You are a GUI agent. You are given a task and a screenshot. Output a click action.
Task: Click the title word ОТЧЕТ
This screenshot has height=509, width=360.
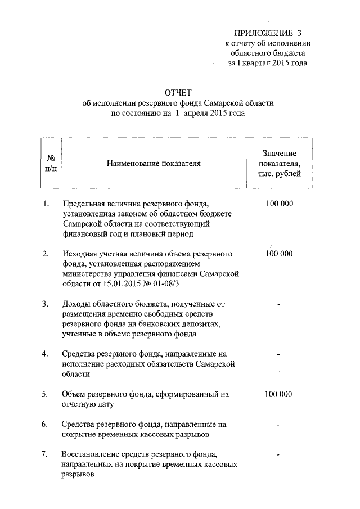pos(178,92)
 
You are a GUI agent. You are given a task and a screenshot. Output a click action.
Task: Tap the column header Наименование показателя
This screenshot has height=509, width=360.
pos(154,164)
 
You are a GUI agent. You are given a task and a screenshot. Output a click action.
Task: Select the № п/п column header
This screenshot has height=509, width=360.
pos(50,164)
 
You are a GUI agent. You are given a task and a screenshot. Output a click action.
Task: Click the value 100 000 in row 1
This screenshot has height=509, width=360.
pos(280,204)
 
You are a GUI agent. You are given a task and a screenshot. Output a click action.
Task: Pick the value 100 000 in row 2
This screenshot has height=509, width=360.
pos(280,254)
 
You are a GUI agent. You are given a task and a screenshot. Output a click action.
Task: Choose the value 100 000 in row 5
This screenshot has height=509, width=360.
pos(280,394)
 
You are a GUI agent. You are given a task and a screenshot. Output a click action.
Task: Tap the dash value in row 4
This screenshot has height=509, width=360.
pos(280,354)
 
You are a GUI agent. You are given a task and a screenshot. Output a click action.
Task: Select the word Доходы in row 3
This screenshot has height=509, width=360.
pos(78,304)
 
